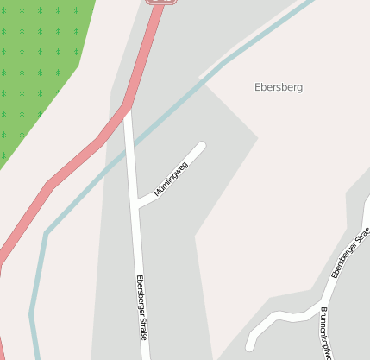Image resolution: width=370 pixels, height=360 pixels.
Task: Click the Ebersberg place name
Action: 279,87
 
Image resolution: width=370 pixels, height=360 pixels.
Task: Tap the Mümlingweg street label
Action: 171,179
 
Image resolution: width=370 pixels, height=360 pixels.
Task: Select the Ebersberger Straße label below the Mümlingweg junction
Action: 141,306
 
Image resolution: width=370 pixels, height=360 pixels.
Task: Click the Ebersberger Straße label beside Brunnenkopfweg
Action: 349,249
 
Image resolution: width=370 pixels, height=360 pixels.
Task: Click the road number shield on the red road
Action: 161,2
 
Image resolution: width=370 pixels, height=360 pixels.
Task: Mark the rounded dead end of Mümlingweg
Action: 202,146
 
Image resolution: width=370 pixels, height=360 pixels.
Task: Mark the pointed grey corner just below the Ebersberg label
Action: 257,137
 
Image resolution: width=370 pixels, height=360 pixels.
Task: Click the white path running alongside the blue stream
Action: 250,43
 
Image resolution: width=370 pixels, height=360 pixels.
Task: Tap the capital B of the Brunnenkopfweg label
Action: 323,310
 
